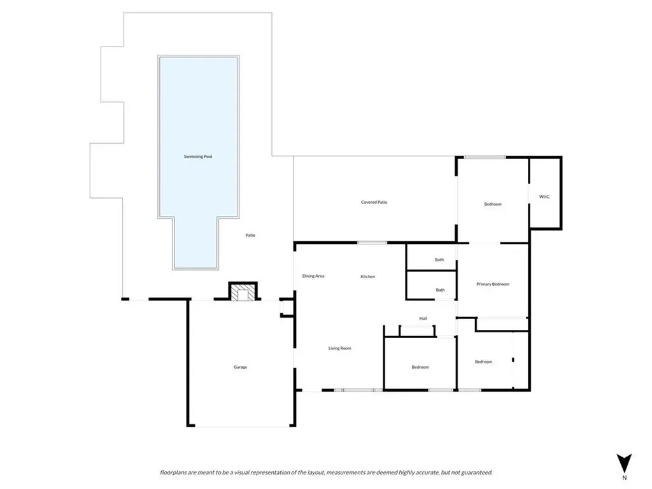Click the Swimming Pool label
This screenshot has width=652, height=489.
[198, 157]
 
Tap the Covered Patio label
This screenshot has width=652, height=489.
[374, 202]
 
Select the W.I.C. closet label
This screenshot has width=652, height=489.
[544, 197]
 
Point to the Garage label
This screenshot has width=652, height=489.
[240, 367]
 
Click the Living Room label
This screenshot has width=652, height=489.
[340, 348]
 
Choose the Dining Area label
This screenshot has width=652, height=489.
[313, 276]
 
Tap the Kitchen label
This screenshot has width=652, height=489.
[367, 276]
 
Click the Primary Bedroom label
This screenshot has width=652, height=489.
[493, 285]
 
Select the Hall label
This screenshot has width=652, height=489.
[423, 318]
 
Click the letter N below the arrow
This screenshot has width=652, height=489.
[624, 478]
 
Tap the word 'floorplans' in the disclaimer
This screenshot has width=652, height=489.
[173, 472]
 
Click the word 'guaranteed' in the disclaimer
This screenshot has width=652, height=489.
[478, 472]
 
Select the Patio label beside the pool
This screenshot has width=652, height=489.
[250, 236]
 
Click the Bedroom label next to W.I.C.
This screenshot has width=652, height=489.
[493, 204]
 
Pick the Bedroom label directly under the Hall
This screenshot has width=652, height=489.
[420, 367]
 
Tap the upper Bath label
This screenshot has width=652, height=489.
[439, 260]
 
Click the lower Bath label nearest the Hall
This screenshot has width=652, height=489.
[440, 290]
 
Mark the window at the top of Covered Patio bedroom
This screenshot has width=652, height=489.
[485, 157]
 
